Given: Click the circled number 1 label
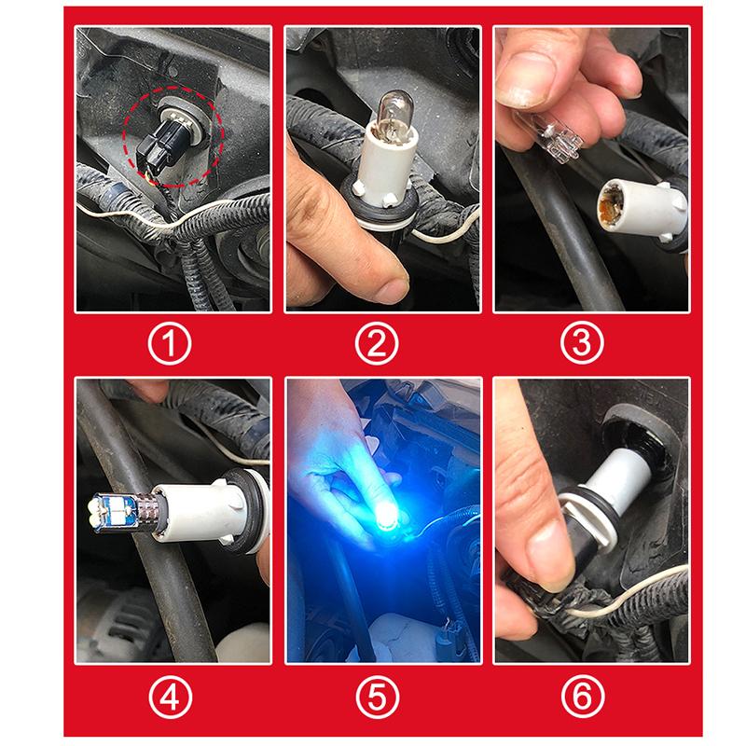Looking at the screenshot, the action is (x=170, y=343).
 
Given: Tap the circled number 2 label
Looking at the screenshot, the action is (x=377, y=343).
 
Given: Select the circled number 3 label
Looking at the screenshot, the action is (x=582, y=343).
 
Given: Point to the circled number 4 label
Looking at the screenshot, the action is (x=170, y=698).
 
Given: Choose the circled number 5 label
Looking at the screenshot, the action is (x=378, y=698).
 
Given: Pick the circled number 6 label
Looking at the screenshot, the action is (x=583, y=698).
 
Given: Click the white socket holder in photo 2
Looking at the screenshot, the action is (x=386, y=169).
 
